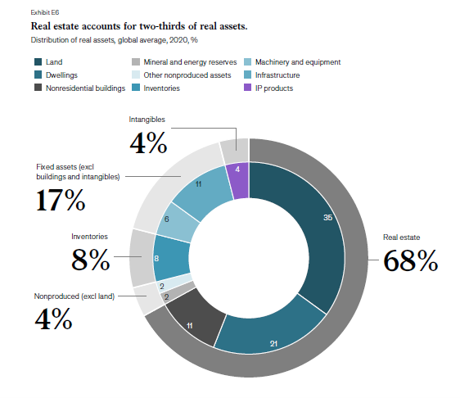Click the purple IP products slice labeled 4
(x=238, y=180)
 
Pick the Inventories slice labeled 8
(x=171, y=258)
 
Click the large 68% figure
(x=410, y=260)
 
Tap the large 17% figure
(x=61, y=200)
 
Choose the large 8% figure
(x=91, y=259)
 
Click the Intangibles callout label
(x=147, y=120)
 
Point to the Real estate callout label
(x=401, y=237)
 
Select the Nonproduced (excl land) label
(x=74, y=296)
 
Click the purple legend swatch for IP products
(x=248, y=88)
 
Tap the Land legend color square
(x=38, y=61)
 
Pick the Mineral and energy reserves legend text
(x=190, y=62)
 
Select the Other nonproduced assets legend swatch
(x=136, y=75)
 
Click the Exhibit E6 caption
(x=45, y=12)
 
